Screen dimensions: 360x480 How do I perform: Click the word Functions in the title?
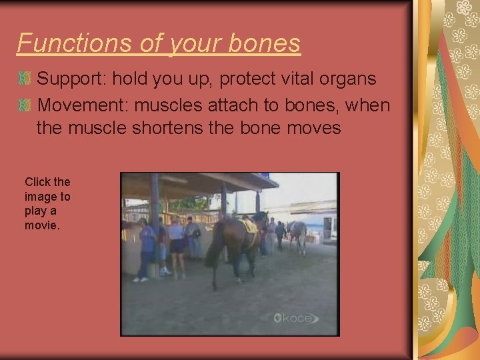[x=64, y=43]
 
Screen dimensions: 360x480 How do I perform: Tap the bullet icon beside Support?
[x=25, y=79]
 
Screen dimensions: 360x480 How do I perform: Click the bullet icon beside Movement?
[x=25, y=105]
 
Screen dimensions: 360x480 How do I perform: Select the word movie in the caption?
[x=42, y=226]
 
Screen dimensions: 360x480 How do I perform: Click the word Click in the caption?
[x=37, y=182]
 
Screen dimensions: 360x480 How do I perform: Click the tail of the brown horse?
[x=214, y=253]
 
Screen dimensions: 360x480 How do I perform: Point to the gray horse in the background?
[x=297, y=234]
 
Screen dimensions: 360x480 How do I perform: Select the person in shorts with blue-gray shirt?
[x=177, y=240]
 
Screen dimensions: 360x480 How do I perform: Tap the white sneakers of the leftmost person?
[x=140, y=279]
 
